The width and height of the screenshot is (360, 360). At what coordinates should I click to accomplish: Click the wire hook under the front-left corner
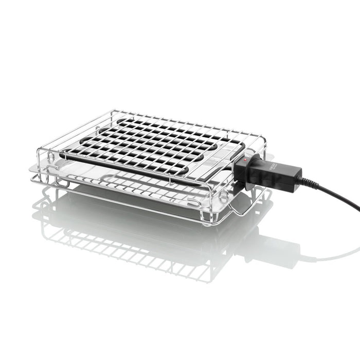pyautogui.click(x=62, y=183)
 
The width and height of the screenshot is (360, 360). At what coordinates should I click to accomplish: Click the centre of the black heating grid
pyautogui.click(x=149, y=144)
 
